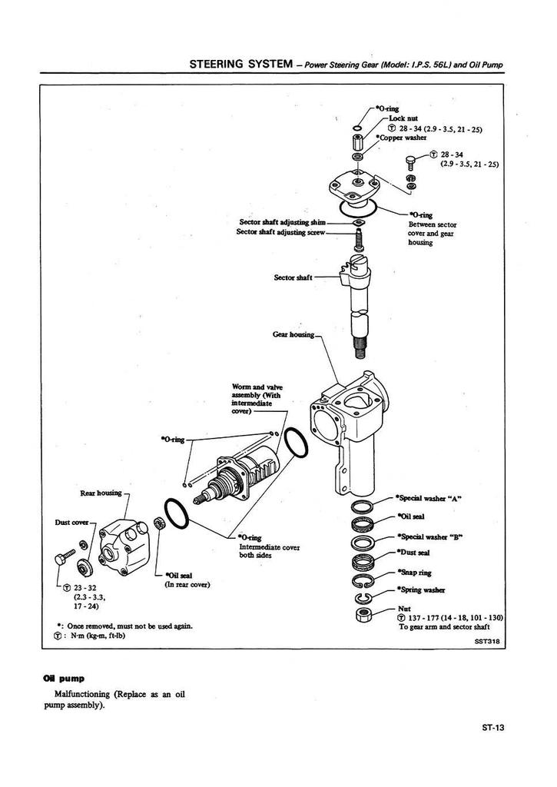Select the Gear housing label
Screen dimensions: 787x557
(293, 335)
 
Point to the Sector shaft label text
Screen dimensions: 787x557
(293, 277)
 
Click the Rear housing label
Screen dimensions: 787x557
(101, 493)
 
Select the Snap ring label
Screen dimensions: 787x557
(415, 572)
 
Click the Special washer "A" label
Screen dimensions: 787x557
(427, 498)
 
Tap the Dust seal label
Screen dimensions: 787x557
(415, 553)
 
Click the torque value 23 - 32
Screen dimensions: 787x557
(84, 588)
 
